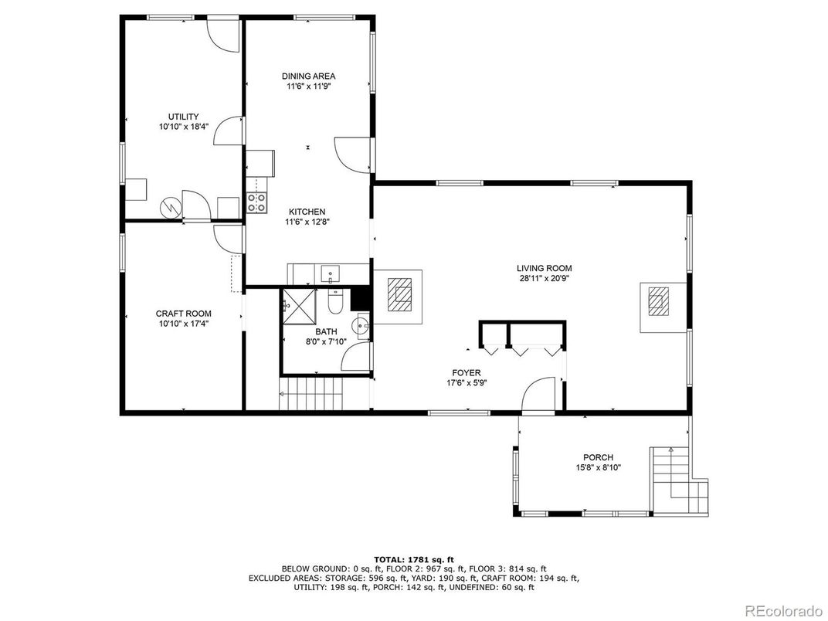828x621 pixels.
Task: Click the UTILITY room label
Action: pos(183,117)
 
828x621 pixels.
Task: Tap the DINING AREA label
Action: pos(308,76)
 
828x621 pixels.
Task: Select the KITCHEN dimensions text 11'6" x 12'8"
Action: pos(307,222)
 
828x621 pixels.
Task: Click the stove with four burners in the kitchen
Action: pos(256,202)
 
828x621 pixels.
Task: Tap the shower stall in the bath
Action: pos(297,305)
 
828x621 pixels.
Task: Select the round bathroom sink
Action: pos(361,324)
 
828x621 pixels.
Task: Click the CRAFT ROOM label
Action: pos(183,314)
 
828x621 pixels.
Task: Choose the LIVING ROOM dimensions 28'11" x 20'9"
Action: pos(544,280)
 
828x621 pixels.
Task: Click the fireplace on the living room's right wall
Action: pos(660,300)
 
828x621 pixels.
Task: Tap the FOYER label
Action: pos(467,372)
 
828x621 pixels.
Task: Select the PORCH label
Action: pos(598,457)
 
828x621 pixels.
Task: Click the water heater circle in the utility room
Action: pos(170,206)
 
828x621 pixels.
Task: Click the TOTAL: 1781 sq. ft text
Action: pos(413,558)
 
